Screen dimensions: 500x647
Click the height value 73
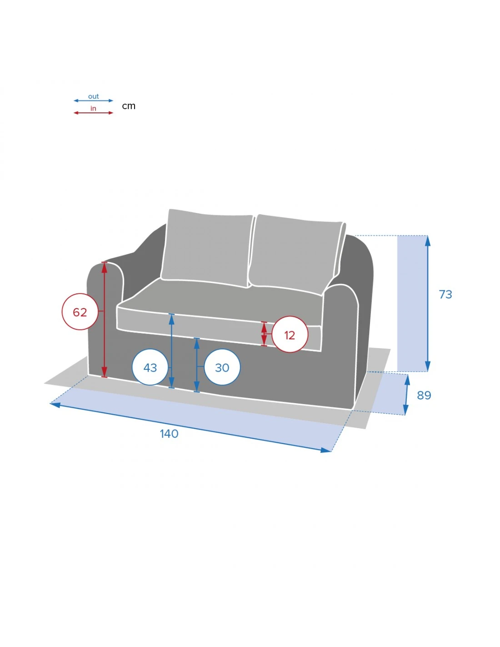click(445, 294)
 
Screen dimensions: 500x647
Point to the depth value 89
click(424, 395)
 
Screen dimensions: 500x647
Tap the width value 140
click(169, 434)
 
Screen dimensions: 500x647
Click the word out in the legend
click(93, 96)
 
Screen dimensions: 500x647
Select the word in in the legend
click(93, 108)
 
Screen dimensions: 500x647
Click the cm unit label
click(129, 106)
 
